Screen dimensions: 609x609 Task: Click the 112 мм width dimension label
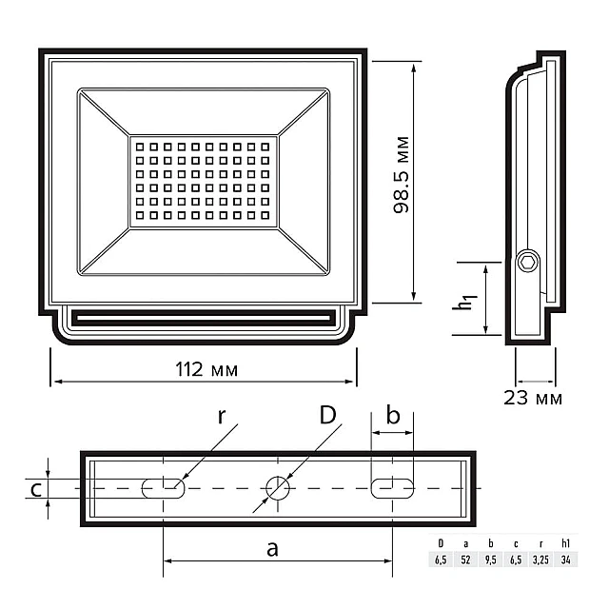tap(204, 370)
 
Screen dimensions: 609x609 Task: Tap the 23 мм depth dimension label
tap(533, 398)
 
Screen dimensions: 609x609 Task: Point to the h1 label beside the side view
tap(464, 302)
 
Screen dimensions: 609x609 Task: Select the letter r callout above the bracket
tap(221, 415)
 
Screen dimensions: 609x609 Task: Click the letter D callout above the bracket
tap(327, 415)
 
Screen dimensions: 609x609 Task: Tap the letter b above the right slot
tap(392, 416)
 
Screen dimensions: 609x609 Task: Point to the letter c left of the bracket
tap(35, 489)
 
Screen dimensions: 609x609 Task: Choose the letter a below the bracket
tap(272, 549)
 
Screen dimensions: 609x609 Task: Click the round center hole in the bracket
tap(278, 488)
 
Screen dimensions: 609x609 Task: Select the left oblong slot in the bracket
tap(163, 488)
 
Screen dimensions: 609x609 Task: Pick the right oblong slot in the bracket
tap(392, 488)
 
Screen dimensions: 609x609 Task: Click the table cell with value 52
tap(465, 559)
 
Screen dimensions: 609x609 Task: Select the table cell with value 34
tap(565, 559)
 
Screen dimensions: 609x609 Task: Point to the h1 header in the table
tap(565, 542)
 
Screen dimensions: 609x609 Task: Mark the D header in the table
tap(441, 542)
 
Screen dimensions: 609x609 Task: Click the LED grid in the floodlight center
tap(204, 182)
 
